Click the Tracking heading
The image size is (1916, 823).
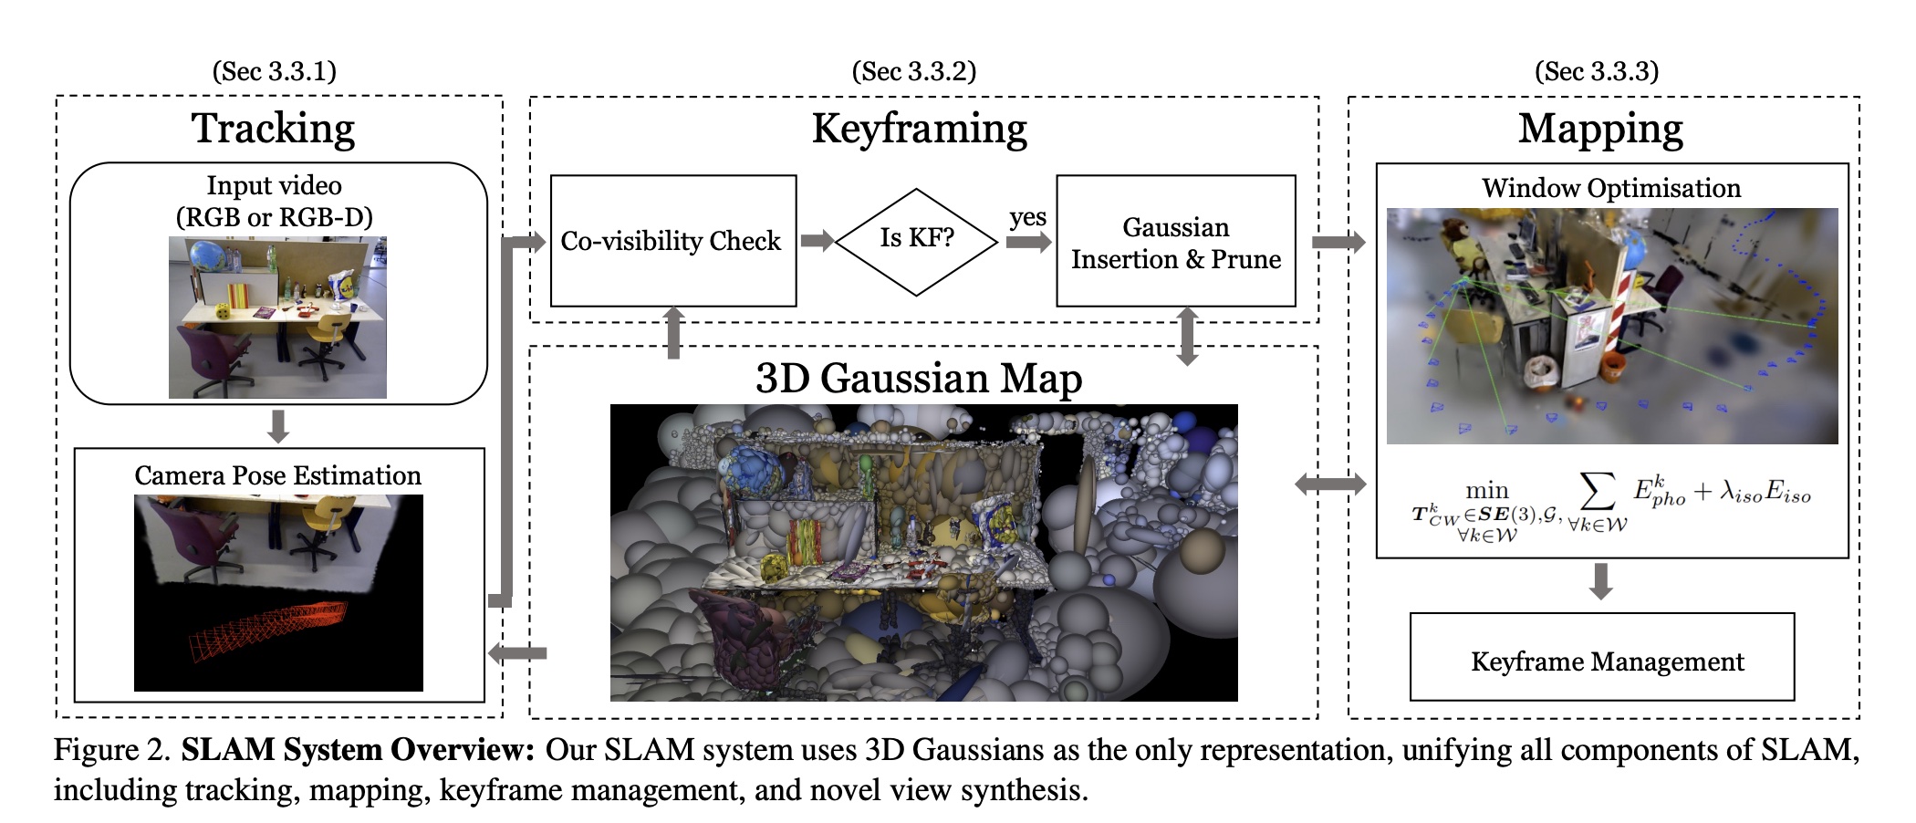click(x=273, y=129)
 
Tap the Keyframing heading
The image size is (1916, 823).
click(x=919, y=129)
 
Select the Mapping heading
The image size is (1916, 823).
click(x=1600, y=129)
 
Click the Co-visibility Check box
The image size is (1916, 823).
click(x=672, y=241)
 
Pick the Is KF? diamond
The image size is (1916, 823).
click(x=916, y=241)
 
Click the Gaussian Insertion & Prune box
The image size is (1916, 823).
click(x=1175, y=242)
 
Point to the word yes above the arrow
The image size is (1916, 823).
click(x=1027, y=217)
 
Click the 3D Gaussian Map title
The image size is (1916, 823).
click(x=919, y=378)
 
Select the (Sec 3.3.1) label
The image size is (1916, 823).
click(x=274, y=71)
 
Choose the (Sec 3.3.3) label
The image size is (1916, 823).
click(x=1596, y=71)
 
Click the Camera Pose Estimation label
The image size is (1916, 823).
click(x=277, y=475)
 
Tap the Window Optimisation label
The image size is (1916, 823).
click(x=1611, y=188)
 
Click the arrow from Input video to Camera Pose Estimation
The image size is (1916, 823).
click(x=278, y=425)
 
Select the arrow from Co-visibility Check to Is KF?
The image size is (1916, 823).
click(x=817, y=241)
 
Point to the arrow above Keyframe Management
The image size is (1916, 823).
click(x=1600, y=582)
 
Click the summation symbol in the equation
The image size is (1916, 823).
click(x=1597, y=492)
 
